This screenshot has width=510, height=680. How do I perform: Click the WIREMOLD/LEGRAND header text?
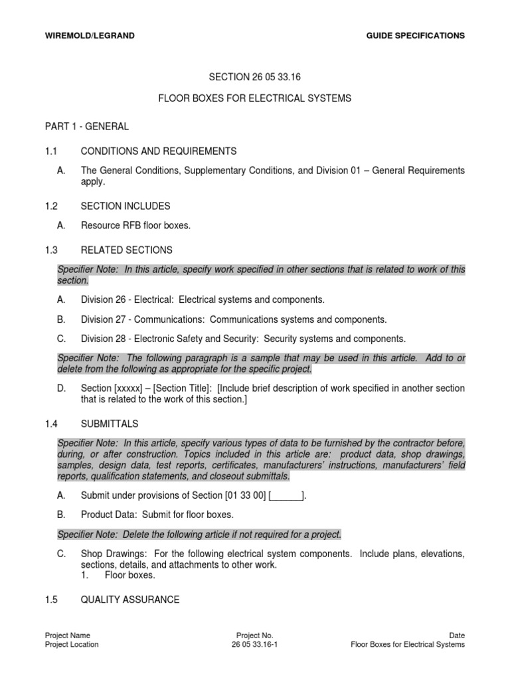pos(89,35)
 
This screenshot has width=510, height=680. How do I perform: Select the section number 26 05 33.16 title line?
pos(254,76)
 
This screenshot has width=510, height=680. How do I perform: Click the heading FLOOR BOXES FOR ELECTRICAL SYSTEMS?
pos(254,98)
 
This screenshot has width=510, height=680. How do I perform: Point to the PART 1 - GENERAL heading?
pos(87,126)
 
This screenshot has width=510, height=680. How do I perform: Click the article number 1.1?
pos(52,151)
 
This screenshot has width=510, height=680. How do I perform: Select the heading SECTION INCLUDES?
pos(126,206)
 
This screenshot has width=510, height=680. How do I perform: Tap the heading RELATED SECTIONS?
pos(126,250)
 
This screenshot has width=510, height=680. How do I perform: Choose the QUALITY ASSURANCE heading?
pos(130,600)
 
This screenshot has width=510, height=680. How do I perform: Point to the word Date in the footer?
pos(456,636)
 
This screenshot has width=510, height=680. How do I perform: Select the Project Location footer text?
pos(72,644)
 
